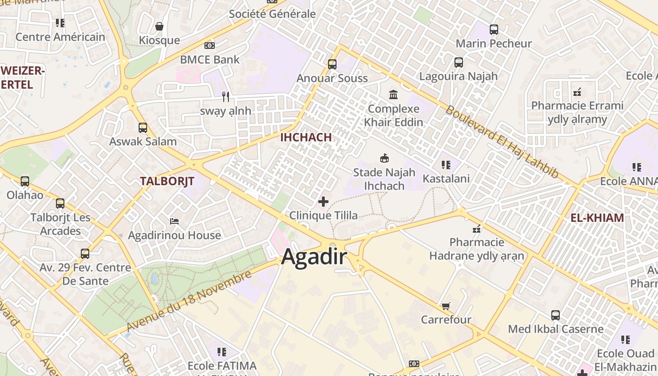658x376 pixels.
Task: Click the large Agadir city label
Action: pos(314,257)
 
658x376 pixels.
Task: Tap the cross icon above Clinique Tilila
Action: pos(323,202)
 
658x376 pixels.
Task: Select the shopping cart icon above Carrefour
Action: pos(446,306)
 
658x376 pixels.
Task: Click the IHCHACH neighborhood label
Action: pos(306,137)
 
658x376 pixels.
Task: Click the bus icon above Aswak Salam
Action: pos(143,128)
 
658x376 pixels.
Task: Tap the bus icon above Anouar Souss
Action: pos(332,64)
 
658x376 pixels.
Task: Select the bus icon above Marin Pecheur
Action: pos(494,30)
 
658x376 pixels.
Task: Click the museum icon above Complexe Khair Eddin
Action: pos(393,95)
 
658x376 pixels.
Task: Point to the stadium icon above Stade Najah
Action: pos(384,158)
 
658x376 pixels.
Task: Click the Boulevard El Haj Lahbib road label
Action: pos(502,142)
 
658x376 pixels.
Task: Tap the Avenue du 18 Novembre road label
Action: pos(189,301)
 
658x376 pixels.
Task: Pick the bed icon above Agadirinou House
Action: pos(174,221)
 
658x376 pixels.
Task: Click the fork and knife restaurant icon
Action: pos(226,97)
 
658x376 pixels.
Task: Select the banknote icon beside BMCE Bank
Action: pos(210,46)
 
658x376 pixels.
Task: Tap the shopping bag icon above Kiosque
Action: pos(159,26)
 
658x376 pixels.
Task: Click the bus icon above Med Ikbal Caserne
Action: pos(556,315)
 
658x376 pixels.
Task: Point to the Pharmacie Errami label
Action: pos(577,106)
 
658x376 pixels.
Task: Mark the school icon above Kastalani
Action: pos(446,165)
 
